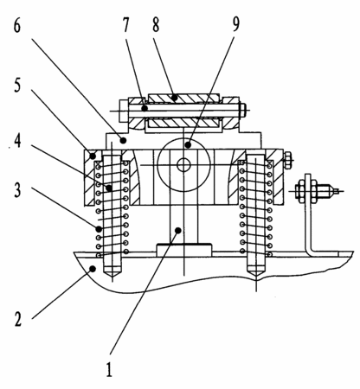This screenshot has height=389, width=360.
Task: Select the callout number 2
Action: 18,319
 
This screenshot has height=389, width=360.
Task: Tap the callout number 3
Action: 17,190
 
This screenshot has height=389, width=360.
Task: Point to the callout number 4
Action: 17,141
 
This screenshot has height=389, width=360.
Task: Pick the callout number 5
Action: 17,86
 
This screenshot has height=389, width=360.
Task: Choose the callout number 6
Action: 17,26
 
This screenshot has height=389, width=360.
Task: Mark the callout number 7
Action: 125,24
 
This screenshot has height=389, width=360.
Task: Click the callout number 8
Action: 156,24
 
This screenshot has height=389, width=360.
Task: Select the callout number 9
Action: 235,24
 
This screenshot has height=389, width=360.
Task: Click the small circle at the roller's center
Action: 183,165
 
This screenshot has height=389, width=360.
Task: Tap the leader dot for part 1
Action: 178,230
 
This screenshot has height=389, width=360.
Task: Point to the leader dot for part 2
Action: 93,269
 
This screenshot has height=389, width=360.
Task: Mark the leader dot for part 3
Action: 99,229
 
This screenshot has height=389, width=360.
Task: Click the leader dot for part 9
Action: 188,145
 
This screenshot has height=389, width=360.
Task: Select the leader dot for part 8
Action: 173,98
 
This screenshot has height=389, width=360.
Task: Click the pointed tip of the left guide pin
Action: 112,278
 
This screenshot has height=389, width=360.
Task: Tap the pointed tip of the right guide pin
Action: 256,278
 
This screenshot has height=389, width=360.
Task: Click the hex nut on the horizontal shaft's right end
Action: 243,110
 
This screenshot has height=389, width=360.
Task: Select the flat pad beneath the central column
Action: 184,250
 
